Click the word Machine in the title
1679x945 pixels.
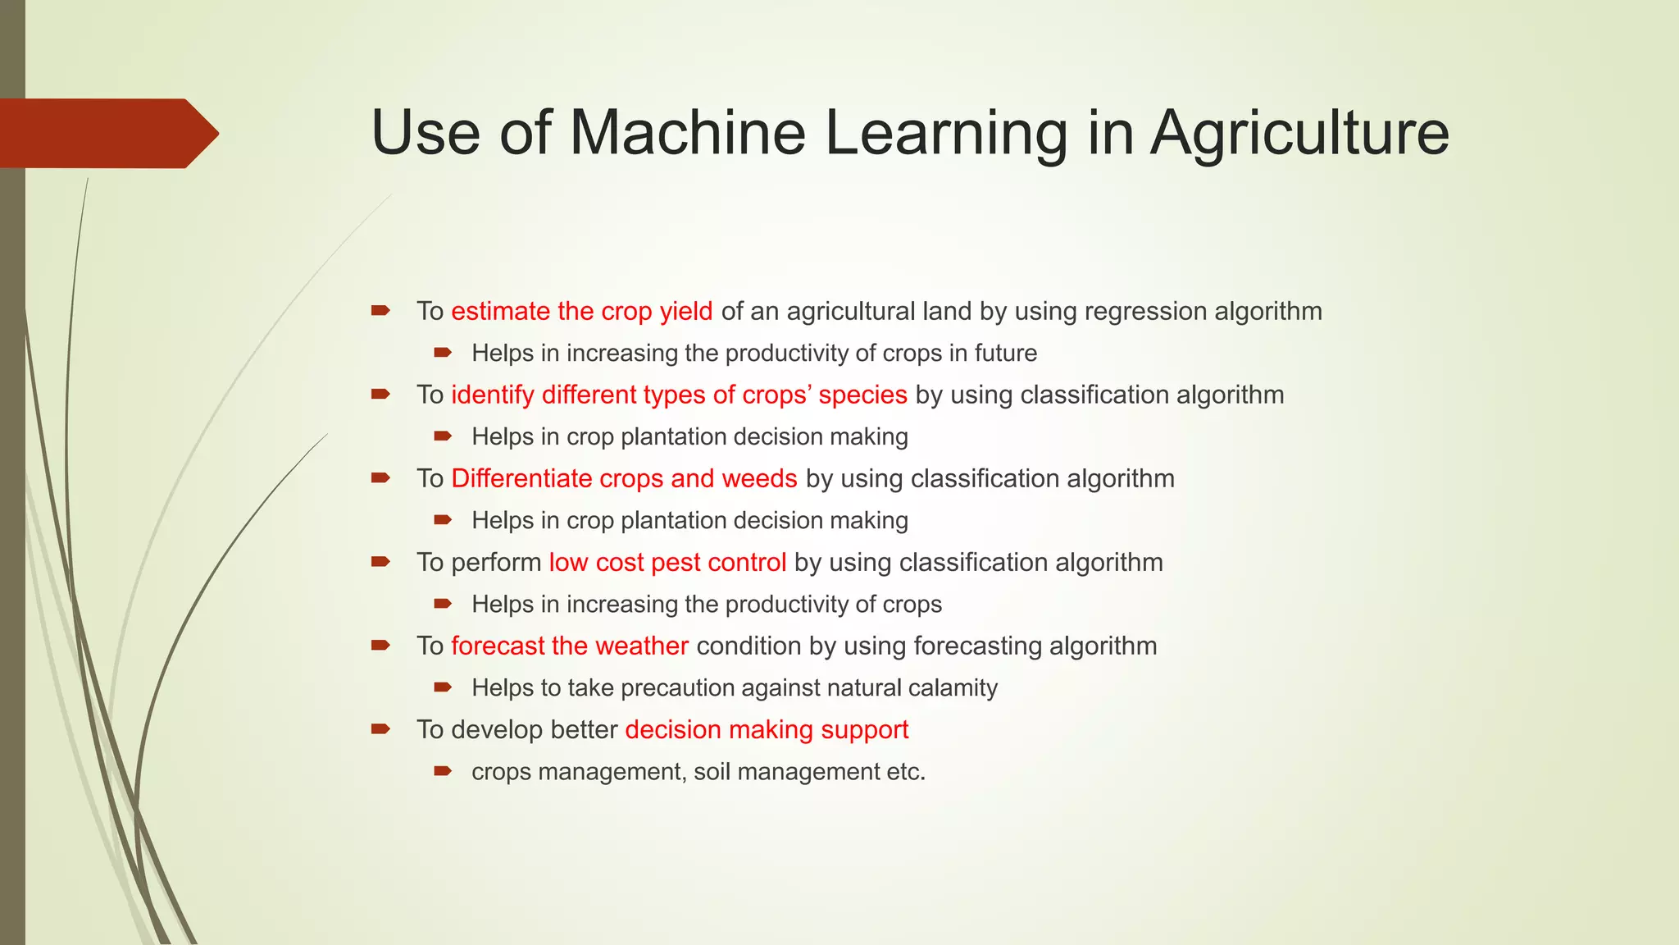pos(687,133)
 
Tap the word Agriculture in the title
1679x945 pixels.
pos(1299,133)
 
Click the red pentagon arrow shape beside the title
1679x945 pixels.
pos(107,133)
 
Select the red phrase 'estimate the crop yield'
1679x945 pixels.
pos(581,312)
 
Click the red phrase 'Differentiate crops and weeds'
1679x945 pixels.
pos(624,479)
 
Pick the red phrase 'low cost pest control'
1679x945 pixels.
pos(667,563)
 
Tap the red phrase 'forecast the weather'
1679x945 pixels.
pos(569,646)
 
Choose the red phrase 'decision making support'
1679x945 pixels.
pos(767,730)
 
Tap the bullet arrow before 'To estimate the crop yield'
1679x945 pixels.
pos(380,311)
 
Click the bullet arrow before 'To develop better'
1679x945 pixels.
pos(380,729)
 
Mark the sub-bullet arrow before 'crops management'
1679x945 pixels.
pos(443,771)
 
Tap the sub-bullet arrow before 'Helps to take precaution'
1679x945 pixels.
pos(443,687)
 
